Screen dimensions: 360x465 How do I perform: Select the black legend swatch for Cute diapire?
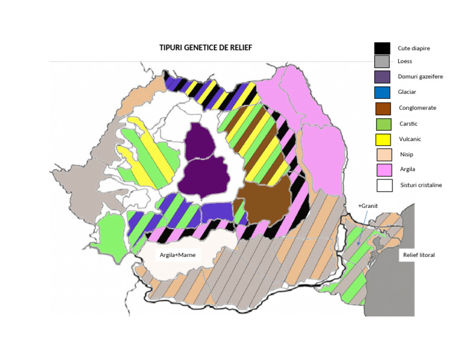click(x=381, y=48)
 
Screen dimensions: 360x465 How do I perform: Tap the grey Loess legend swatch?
click(x=381, y=62)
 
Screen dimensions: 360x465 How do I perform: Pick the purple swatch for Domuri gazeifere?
click(x=381, y=77)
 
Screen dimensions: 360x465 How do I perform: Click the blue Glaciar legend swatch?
click(x=381, y=93)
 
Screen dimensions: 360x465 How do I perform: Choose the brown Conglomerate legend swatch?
click(x=381, y=108)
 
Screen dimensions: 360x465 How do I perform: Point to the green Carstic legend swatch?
click(x=381, y=124)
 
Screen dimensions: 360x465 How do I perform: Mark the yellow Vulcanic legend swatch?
click(x=381, y=139)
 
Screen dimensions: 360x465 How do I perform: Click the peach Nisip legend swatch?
click(x=381, y=155)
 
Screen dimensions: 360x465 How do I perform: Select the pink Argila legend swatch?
click(x=381, y=170)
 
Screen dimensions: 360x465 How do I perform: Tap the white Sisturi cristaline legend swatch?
click(x=381, y=185)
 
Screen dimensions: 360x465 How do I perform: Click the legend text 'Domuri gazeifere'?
click(x=419, y=77)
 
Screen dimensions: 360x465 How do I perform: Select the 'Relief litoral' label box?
click(x=418, y=255)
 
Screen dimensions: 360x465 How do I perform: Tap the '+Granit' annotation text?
click(x=367, y=206)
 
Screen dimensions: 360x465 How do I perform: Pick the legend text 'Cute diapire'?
click(x=414, y=48)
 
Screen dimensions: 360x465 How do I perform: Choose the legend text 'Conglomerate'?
click(x=417, y=108)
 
